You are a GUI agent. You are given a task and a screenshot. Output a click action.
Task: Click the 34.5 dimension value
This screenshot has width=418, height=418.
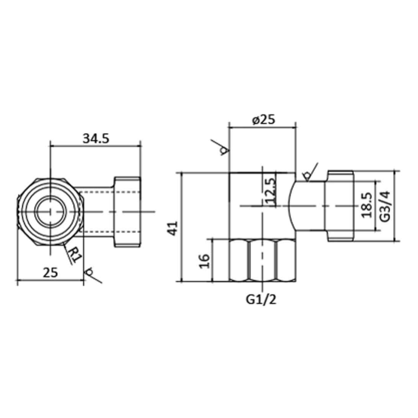95,139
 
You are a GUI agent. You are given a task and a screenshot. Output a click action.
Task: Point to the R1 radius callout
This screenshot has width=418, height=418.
74,255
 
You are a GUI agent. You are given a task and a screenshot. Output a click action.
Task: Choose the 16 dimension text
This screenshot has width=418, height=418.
206,260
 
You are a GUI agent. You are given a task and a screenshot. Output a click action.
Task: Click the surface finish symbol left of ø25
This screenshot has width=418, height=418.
222,149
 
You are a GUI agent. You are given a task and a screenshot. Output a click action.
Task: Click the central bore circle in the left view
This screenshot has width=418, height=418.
50,210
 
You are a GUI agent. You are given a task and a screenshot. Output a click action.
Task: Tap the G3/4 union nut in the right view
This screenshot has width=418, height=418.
340,206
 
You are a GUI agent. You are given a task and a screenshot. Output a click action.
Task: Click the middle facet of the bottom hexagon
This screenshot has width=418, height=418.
262,260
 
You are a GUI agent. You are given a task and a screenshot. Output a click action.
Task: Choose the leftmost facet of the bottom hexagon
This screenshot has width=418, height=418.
239,260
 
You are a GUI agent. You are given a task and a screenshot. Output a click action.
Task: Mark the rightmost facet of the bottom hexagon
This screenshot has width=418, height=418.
285,260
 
